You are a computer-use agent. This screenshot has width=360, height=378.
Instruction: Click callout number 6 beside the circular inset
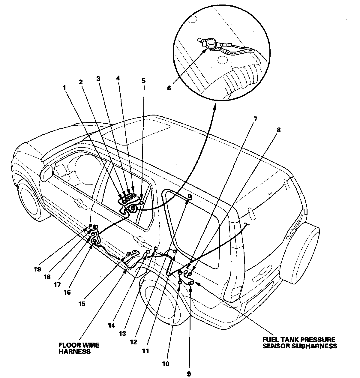tap(169, 88)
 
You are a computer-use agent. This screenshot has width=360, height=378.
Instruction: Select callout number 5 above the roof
tap(143, 80)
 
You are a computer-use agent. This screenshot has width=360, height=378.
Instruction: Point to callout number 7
tap(255, 118)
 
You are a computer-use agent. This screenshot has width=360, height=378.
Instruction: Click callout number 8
tap(279, 130)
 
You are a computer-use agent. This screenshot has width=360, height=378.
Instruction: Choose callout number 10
tap(165, 364)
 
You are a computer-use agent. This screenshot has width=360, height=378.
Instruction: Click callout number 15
tap(82, 304)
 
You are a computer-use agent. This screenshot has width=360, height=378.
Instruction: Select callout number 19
tap(38, 269)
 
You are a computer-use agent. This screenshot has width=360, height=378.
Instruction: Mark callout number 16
tap(67, 292)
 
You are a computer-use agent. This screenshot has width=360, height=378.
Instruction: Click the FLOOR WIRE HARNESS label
tap(79, 348)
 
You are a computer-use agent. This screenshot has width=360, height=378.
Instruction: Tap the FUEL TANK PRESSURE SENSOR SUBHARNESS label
tap(299, 343)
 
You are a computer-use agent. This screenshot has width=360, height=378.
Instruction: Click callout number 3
tap(98, 79)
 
